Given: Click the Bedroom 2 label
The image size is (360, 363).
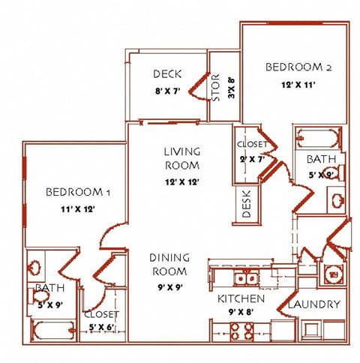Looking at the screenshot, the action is click(298, 67).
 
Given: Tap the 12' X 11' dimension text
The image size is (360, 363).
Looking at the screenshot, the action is click(298, 85).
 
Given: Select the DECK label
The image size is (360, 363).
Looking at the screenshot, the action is click(167, 74).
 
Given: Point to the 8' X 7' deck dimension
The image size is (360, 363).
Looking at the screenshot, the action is click(168, 91).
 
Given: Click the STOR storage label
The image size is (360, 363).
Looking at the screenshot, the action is click(215, 88).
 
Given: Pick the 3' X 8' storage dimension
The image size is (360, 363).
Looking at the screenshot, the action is click(232, 88).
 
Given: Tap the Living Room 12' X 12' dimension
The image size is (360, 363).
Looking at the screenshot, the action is click(182, 182).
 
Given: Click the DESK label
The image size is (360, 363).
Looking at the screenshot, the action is click(246, 204).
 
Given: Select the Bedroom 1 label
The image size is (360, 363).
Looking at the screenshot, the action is click(78, 192).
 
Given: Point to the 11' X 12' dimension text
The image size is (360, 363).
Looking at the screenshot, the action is click(78, 209).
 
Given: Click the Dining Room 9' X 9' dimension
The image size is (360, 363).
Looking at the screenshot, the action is click(170, 287).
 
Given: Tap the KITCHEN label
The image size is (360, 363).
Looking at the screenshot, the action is click(241, 298).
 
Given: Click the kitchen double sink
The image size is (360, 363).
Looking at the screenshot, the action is click(246, 277).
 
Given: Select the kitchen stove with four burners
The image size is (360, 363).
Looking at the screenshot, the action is click(241, 331).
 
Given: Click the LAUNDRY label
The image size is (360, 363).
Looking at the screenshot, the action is click(314, 304).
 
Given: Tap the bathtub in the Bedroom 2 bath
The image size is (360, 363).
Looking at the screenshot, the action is click(319, 138).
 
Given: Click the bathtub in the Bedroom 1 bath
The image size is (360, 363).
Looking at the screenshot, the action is click(53, 330).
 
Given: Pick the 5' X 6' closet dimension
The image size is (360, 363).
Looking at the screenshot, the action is click(101, 327).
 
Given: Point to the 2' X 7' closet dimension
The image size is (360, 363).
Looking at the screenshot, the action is click(252, 159).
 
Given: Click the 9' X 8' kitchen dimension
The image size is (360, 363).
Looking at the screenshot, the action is click(241, 312).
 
